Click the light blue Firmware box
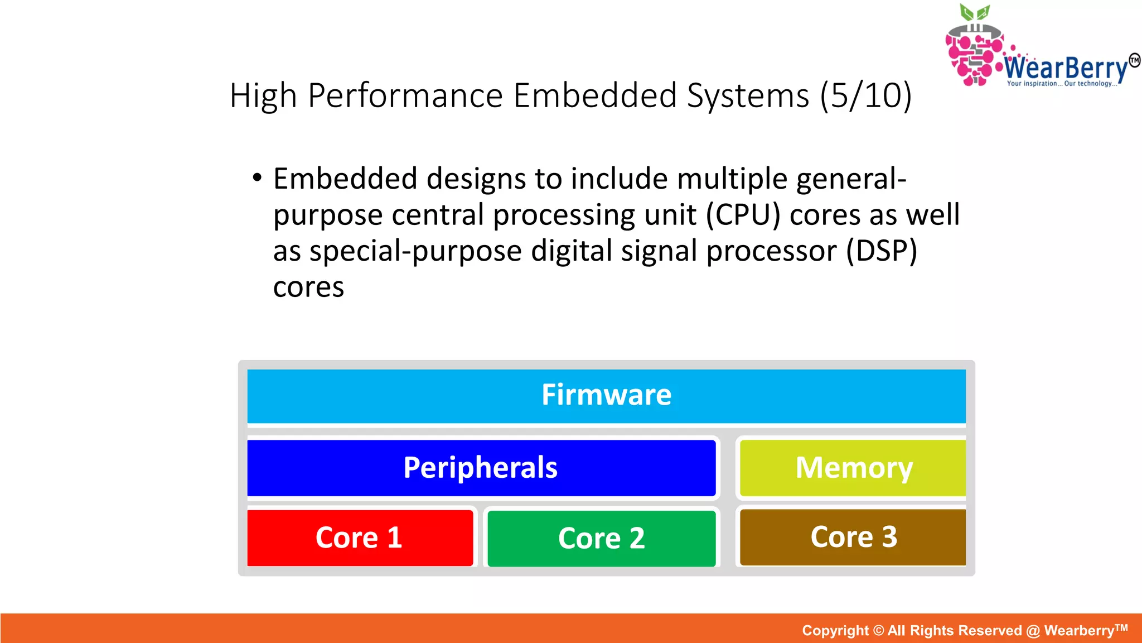pos(606,396)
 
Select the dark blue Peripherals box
pos(481,468)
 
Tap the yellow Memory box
pos(853,468)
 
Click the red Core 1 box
pos(360,538)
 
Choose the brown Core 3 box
pos(853,537)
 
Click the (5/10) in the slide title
pos(865,95)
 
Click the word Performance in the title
pos(405,95)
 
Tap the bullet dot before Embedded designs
pos(257,178)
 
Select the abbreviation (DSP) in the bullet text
pos(881,251)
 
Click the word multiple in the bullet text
pos(732,180)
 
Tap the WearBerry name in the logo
pos(1066,69)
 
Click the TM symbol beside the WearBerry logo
pos(1134,60)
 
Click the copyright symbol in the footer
pos(878,631)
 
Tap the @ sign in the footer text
pos(1033,631)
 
